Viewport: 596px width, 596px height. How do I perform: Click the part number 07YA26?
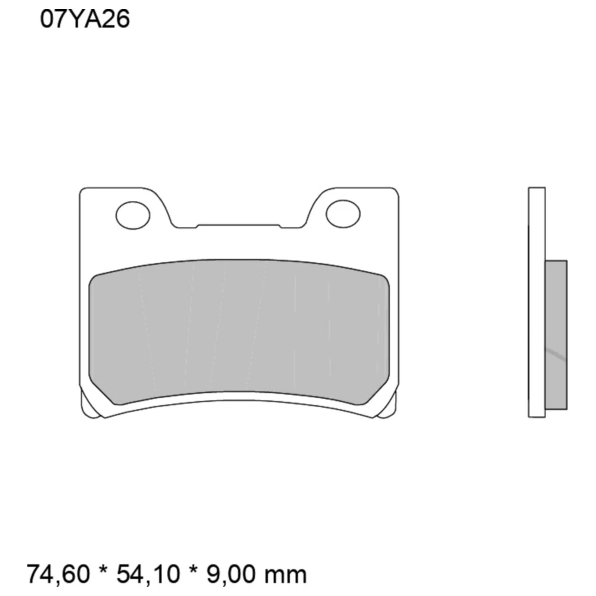pos(85,19)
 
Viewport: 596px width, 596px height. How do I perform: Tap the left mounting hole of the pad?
pos(133,215)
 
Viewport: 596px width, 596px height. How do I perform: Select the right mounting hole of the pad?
pos(343,214)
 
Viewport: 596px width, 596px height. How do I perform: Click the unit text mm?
pos(285,576)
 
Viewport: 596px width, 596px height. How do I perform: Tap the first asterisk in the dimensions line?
pos(103,570)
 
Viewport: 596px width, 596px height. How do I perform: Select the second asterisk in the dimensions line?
pos(193,570)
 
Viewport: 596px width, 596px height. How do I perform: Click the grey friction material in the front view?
pos(239,331)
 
